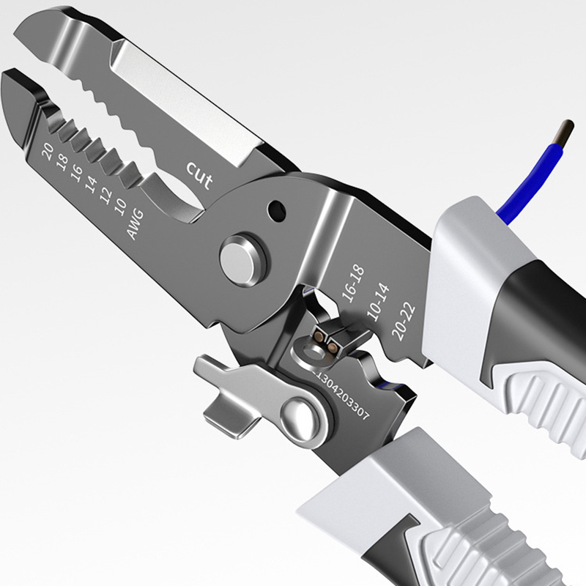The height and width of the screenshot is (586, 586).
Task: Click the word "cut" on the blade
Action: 199,175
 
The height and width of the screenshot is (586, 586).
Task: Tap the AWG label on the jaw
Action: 136,224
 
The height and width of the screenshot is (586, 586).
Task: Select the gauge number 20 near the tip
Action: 48,152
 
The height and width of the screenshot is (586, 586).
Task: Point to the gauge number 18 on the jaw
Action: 62,163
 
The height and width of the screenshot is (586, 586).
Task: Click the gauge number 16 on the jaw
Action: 77,173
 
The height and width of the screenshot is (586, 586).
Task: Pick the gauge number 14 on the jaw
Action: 91,185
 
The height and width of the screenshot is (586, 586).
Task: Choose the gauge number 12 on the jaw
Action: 105,195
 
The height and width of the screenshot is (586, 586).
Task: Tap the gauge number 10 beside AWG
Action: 120,207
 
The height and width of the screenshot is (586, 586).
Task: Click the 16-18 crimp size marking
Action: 353,284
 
